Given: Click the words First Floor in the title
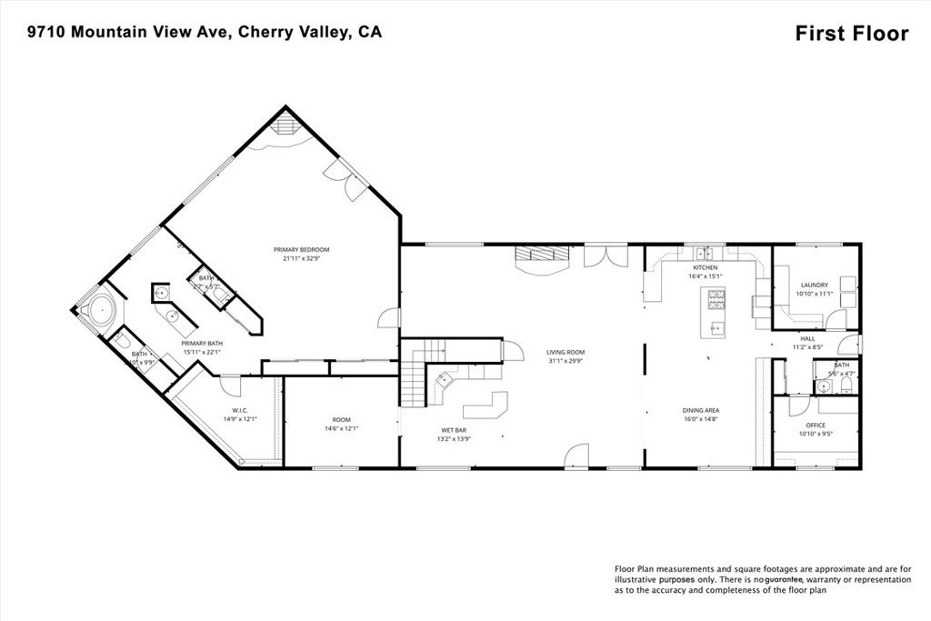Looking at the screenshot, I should tap(851, 34).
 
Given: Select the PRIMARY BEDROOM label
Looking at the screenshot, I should tap(301, 249).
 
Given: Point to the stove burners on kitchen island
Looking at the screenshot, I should tap(716, 295).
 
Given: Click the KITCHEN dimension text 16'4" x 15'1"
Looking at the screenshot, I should tap(706, 276).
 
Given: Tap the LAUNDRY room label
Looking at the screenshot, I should tap(814, 285).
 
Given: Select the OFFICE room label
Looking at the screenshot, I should tap(816, 425).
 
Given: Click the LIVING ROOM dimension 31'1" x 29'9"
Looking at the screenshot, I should tap(565, 360).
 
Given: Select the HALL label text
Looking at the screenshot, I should tap(807, 338).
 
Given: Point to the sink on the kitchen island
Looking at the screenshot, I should tap(716, 326).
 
